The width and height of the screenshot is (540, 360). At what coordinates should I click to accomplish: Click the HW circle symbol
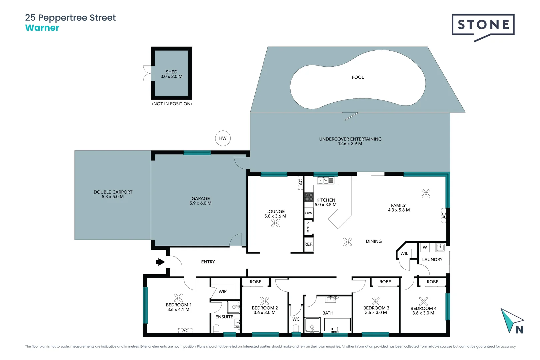[223, 138]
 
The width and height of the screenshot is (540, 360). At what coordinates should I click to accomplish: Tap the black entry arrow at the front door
[160, 262]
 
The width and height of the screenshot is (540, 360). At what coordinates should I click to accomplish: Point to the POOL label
[358, 77]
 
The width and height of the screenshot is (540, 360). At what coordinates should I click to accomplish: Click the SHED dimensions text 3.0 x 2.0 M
[171, 77]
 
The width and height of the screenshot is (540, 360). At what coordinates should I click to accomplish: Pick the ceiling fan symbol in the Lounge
[275, 223]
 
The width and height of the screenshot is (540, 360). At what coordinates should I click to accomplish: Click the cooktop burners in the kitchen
[309, 197]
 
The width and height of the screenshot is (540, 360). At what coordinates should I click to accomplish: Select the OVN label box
[309, 213]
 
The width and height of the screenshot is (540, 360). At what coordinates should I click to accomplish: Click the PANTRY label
[308, 227]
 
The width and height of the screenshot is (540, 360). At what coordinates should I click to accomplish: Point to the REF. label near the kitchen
[308, 244]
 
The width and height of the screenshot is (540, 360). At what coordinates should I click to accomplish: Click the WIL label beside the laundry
[404, 253]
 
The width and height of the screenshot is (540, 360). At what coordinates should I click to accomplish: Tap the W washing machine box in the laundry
[425, 247]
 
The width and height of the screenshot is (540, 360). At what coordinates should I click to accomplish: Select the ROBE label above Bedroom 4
[432, 282]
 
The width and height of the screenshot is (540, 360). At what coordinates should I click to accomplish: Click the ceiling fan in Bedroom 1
[178, 298]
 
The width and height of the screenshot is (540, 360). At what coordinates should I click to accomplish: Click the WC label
[296, 319]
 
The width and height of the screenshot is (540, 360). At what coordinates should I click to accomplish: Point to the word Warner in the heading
[42, 28]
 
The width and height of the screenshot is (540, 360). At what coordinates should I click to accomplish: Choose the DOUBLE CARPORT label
[113, 192]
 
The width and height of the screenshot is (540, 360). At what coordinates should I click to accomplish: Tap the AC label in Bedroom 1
[185, 331]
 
